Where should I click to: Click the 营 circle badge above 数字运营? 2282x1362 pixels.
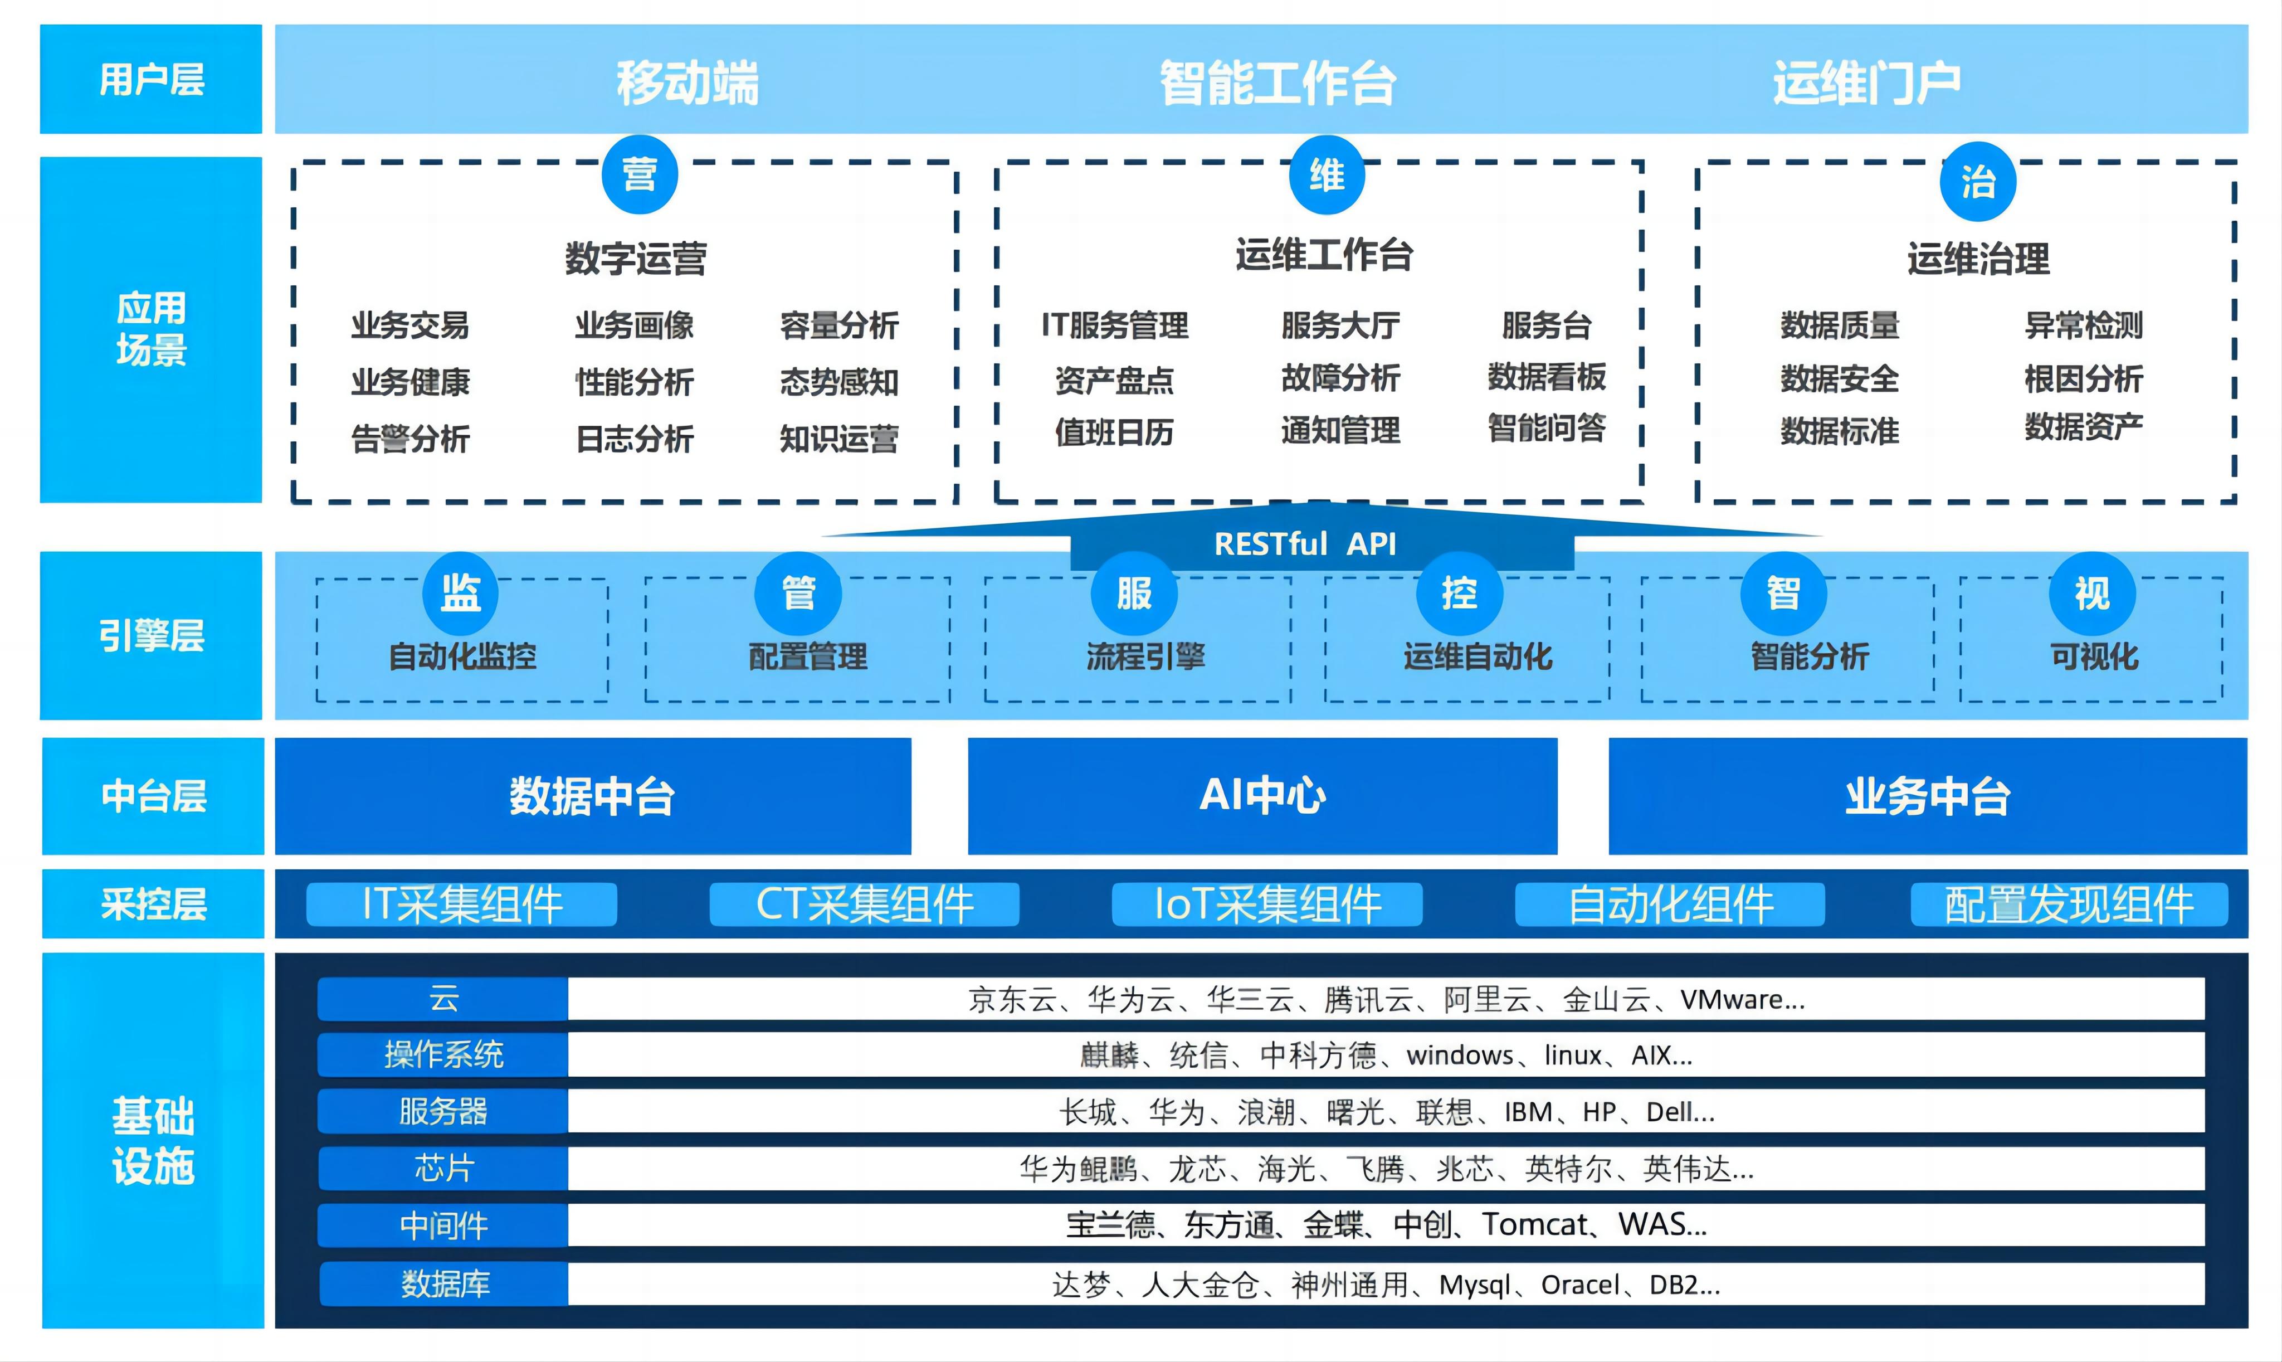[640, 174]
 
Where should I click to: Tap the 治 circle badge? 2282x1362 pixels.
[1977, 182]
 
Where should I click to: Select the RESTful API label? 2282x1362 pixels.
[1305, 544]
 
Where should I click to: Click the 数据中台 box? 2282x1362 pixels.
[593, 796]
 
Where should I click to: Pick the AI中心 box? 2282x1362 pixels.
[1262, 796]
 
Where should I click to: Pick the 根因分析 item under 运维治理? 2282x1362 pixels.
[2083, 378]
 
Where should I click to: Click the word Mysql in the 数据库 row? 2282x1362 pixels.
[1475, 1285]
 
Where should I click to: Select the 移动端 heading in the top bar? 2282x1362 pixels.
[687, 82]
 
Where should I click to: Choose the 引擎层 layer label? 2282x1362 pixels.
[152, 635]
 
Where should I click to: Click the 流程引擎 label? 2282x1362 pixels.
[1145, 656]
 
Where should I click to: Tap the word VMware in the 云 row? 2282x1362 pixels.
[1730, 999]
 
